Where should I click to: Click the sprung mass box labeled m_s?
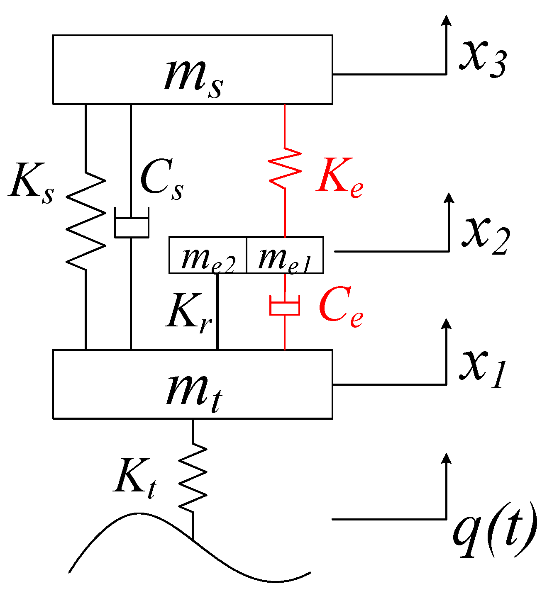pos(192,69)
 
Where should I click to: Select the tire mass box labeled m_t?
pos(192,384)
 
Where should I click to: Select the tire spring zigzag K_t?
pos(193,477)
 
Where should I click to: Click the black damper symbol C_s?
pos(131,226)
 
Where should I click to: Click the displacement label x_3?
pos(482,58)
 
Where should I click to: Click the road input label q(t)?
pos(494,532)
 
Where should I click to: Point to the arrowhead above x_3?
pos(446,21)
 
